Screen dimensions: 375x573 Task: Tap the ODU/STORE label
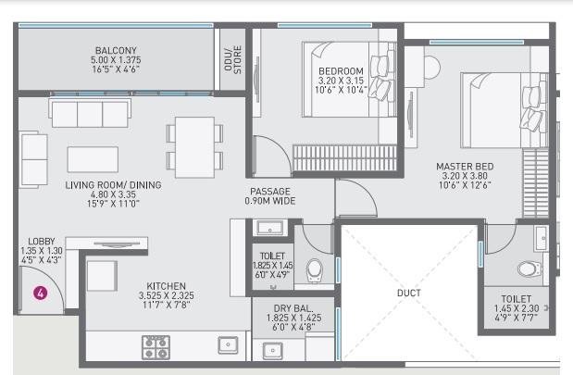coord(231,59)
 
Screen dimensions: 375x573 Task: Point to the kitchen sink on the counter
coord(226,345)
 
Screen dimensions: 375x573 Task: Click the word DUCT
coord(408,294)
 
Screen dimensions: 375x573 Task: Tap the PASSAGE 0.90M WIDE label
coord(269,195)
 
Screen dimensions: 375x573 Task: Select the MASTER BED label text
coord(466,167)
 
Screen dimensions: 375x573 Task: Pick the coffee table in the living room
coord(93,158)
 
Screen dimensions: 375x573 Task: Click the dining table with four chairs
coord(195,144)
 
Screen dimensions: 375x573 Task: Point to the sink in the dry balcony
coord(272,350)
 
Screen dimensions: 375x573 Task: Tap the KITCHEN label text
coord(166,286)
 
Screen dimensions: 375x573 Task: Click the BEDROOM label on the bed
coord(341,71)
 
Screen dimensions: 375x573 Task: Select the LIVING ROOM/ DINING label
coord(113,185)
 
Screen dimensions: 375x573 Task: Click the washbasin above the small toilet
coord(270,228)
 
